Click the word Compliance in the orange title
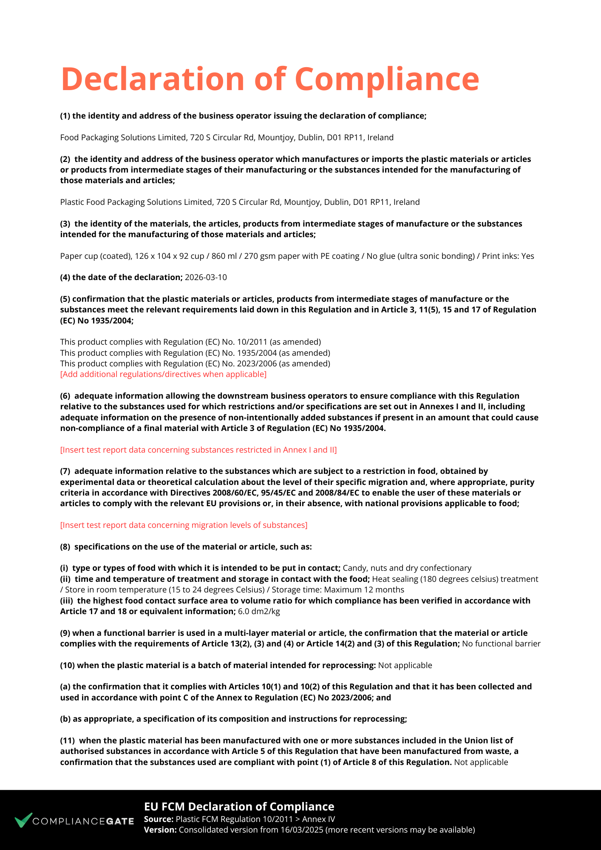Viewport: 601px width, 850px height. click(x=387, y=79)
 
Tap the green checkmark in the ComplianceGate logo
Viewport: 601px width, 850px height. click(x=23, y=820)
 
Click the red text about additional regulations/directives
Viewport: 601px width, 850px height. click(x=163, y=374)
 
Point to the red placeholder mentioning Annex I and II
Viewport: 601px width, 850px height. click(x=198, y=450)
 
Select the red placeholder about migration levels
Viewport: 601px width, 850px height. click(x=184, y=525)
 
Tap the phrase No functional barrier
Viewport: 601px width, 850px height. click(x=501, y=644)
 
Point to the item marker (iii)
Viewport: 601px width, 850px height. click(x=66, y=601)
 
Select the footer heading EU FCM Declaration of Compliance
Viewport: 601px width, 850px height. click(x=239, y=807)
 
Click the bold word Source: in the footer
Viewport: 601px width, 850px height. click(x=159, y=819)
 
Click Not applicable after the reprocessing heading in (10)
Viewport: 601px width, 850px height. click(x=405, y=666)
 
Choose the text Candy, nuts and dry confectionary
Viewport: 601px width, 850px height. click(x=407, y=568)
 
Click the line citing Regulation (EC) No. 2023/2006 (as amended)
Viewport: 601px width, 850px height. click(x=195, y=364)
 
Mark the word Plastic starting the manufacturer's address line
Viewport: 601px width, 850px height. click(x=72, y=202)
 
